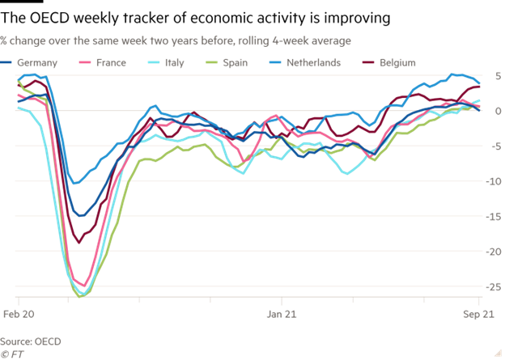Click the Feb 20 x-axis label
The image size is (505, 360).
pos(18,312)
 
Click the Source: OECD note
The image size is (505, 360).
pos(31,341)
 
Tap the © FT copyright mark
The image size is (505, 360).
pos(11,354)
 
